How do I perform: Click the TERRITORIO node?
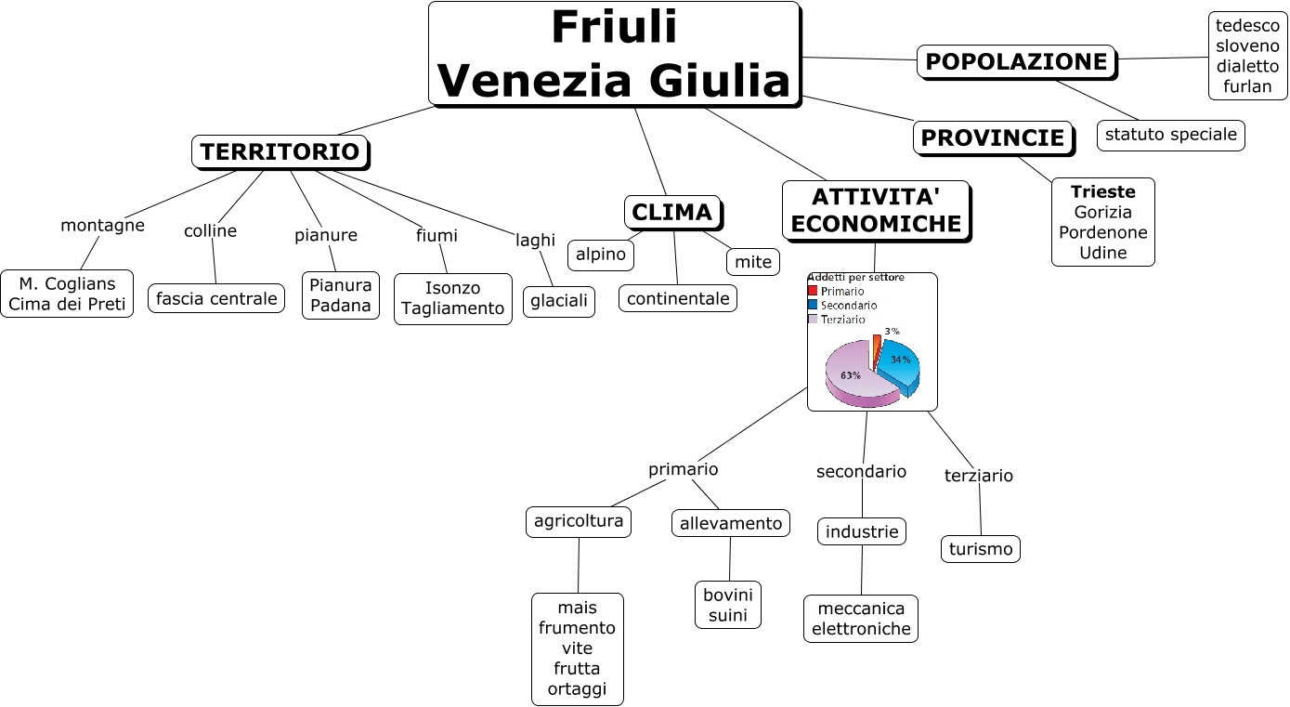point(280,152)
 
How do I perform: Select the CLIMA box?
point(671,213)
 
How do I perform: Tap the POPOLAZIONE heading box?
point(1016,62)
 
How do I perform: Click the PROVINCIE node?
point(993,138)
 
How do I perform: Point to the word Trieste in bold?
point(1102,192)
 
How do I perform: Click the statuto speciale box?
point(1170,135)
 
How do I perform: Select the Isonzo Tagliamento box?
point(452,298)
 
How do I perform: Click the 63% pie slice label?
point(850,375)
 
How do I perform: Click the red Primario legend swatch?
point(813,291)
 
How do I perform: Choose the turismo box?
point(981,549)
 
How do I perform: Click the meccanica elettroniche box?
point(861,619)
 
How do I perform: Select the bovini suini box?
point(727,605)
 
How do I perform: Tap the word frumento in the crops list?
point(577,628)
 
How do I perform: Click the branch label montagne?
point(102,226)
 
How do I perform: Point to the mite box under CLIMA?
point(753,262)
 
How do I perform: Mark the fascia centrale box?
point(216,298)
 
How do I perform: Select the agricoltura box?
point(578,521)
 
